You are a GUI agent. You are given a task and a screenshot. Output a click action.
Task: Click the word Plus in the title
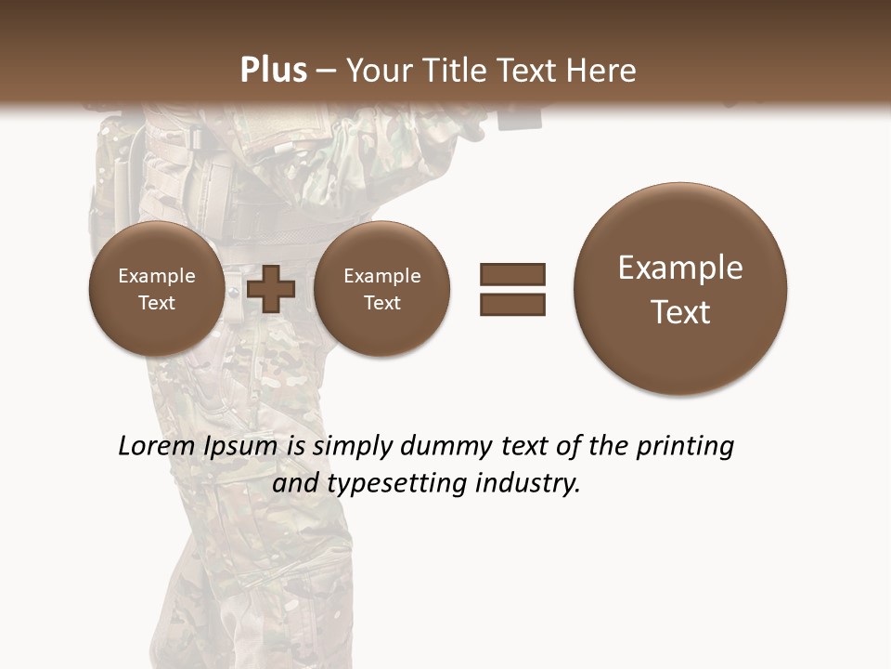tap(273, 71)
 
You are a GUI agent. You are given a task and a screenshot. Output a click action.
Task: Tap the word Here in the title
tap(604, 71)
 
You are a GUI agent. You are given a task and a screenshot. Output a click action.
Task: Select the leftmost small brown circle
tap(156, 289)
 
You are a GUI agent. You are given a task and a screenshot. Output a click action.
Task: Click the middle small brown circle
tap(381, 289)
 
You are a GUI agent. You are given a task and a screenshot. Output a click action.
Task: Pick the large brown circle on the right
tap(680, 289)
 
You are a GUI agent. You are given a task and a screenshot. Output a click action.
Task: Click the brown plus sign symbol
tap(270, 289)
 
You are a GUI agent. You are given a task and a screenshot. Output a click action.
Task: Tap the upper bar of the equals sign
tap(512, 274)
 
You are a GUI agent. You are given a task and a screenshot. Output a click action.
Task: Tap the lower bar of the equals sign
tap(512, 304)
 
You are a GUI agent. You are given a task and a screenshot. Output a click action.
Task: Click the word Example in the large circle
tap(680, 269)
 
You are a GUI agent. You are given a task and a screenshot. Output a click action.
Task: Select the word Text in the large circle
tap(680, 312)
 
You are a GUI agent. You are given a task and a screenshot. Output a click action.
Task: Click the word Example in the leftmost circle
tap(156, 276)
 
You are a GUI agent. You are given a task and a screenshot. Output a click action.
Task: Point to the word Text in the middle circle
tap(381, 303)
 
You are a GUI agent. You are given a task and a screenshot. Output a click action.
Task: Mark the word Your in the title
tap(378, 71)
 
